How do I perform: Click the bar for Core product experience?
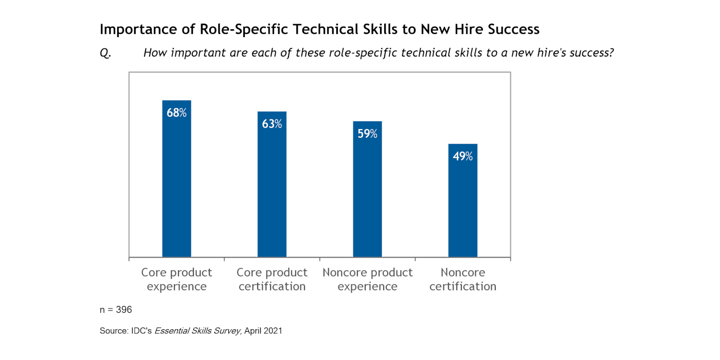(176, 185)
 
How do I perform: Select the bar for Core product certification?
(272, 190)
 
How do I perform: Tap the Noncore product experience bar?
(367, 195)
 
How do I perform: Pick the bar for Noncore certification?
(463, 206)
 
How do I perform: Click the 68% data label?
(176, 113)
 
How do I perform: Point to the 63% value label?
(272, 124)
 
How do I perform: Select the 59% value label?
(367, 134)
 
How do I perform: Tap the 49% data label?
(463, 156)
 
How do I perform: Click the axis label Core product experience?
(176, 279)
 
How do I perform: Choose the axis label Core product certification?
(272, 279)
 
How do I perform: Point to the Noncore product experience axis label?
(367, 279)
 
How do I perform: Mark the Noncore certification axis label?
(463, 279)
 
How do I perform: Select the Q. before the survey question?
(105, 53)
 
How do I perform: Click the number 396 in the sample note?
(123, 310)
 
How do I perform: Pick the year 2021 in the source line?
(273, 331)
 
